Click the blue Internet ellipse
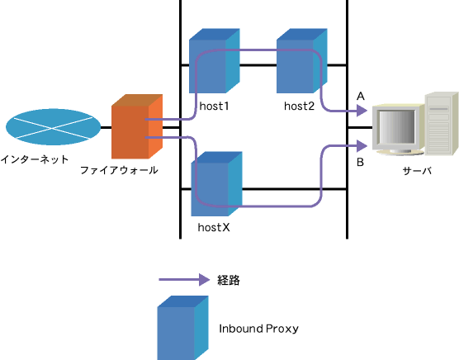[53, 127]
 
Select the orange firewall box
[137, 126]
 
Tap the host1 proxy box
[215, 61]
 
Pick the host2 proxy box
[302, 61]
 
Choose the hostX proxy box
[216, 184]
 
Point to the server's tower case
[442, 124]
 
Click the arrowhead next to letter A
[362, 111]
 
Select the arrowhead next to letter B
[362, 146]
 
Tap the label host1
[214, 106]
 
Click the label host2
[299, 106]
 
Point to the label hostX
[214, 227]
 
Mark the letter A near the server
[361, 97]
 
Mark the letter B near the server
[361, 162]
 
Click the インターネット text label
[35, 159]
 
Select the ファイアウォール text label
[119, 170]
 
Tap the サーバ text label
[417, 171]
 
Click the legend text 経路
[229, 280]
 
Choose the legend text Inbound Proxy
[258, 329]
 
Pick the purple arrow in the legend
[184, 280]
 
